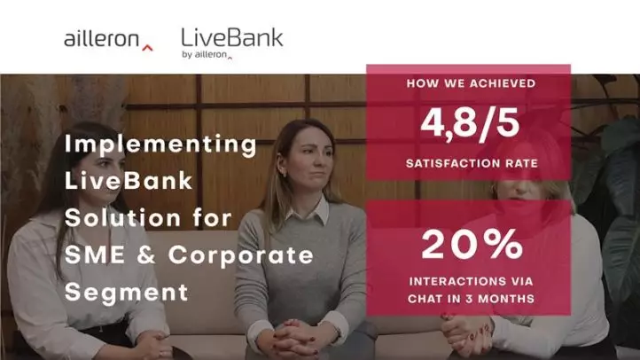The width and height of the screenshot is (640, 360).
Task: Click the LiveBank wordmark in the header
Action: [x=232, y=37]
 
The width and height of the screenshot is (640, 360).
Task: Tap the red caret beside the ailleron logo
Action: [x=147, y=48]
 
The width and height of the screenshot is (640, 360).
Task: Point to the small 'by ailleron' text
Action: [x=207, y=55]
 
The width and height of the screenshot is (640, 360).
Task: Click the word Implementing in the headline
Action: [x=160, y=145]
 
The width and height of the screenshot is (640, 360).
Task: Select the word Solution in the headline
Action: [x=122, y=217]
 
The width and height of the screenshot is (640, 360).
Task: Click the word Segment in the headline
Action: [x=127, y=293]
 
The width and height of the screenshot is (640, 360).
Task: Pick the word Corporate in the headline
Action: [x=241, y=256]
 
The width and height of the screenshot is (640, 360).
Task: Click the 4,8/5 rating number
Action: [x=470, y=123]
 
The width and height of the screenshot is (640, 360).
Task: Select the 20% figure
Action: [x=472, y=244]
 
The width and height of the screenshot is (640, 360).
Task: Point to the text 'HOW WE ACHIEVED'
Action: [x=471, y=83]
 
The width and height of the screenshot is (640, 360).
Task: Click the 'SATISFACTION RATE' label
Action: [x=472, y=163]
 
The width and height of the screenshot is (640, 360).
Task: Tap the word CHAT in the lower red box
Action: [x=425, y=299]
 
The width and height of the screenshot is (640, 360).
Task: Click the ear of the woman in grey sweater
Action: [x=282, y=168]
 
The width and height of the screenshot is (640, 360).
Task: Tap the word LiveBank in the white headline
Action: [x=129, y=181]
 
